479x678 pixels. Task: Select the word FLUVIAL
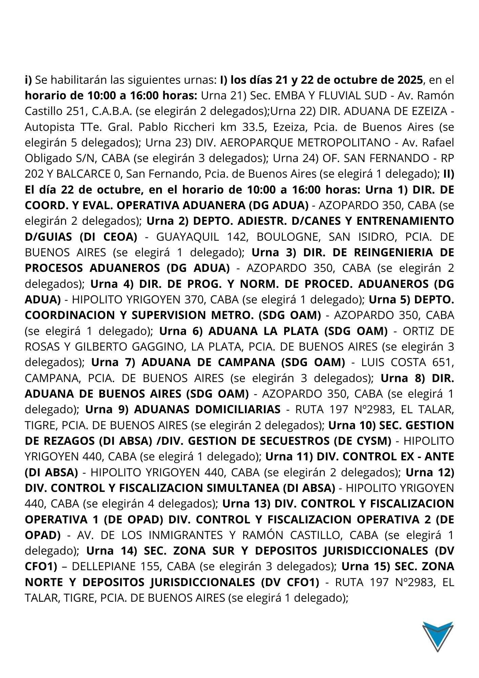(x=346, y=96)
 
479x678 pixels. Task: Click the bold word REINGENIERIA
(x=397, y=253)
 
